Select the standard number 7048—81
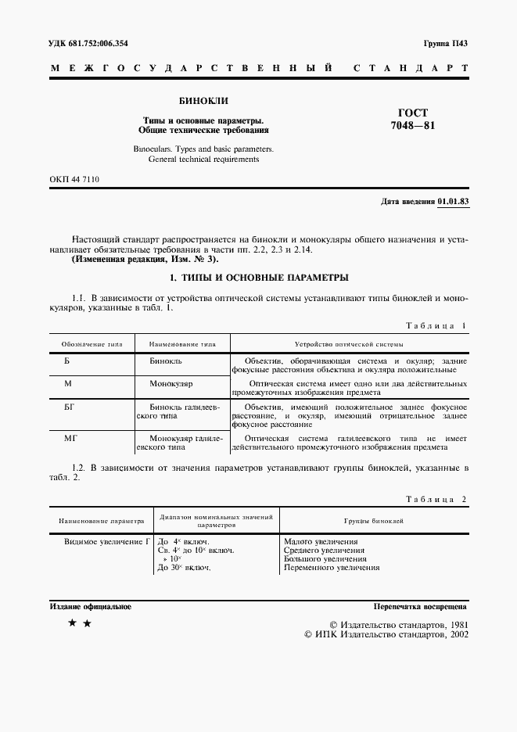[x=413, y=127]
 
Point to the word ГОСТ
[x=413, y=113]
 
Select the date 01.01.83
[x=453, y=202]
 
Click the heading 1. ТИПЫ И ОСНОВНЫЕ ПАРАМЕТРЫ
[x=258, y=278]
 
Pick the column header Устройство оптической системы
[x=348, y=344]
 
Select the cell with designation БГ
[x=68, y=407]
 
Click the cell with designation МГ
[x=69, y=439]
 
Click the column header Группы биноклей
[x=374, y=520]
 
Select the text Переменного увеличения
[x=332, y=568]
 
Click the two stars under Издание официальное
[x=80, y=623]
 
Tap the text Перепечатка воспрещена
[x=420, y=607]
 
